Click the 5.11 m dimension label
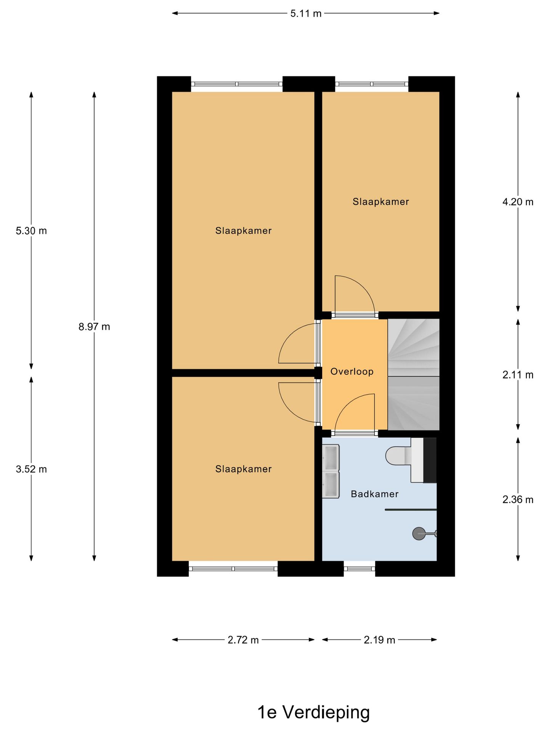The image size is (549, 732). click(x=306, y=14)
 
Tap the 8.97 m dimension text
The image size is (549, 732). click(x=94, y=327)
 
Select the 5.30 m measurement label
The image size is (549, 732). click(x=31, y=231)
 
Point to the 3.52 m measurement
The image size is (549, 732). click(x=31, y=469)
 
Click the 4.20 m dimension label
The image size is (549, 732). click(x=518, y=202)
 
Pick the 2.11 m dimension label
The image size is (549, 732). click(x=518, y=375)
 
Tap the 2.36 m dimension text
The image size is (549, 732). click(x=518, y=499)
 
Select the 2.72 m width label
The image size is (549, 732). click(x=243, y=640)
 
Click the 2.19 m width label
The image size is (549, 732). click(x=379, y=640)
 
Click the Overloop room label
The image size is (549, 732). click(x=352, y=371)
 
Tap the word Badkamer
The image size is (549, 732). click(x=375, y=494)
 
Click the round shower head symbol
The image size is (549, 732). click(x=419, y=533)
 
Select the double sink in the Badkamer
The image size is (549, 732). click(x=331, y=471)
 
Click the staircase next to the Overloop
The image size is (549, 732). click(x=414, y=375)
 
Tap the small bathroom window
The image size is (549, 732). click(x=360, y=569)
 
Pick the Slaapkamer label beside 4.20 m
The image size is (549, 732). click(x=381, y=202)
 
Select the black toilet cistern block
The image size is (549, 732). click(x=430, y=460)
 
